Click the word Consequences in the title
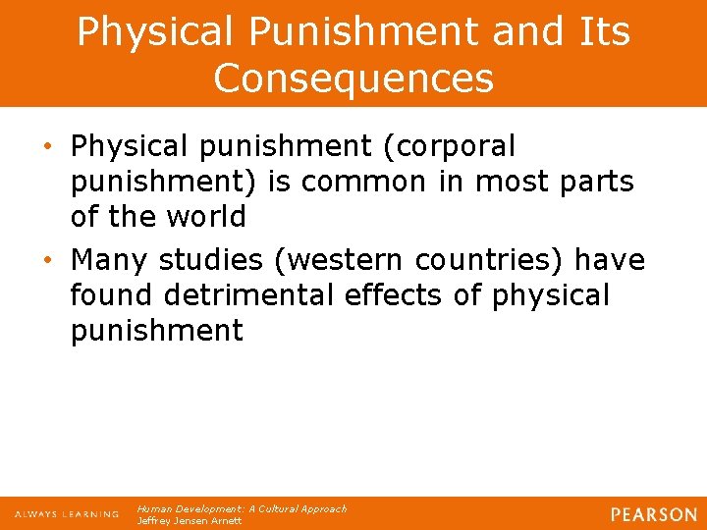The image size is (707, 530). [x=353, y=78]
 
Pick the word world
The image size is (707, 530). [x=193, y=216]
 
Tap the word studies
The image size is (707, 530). [x=211, y=260]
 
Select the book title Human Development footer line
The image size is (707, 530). [x=242, y=508]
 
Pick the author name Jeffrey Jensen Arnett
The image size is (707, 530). [x=190, y=520]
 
